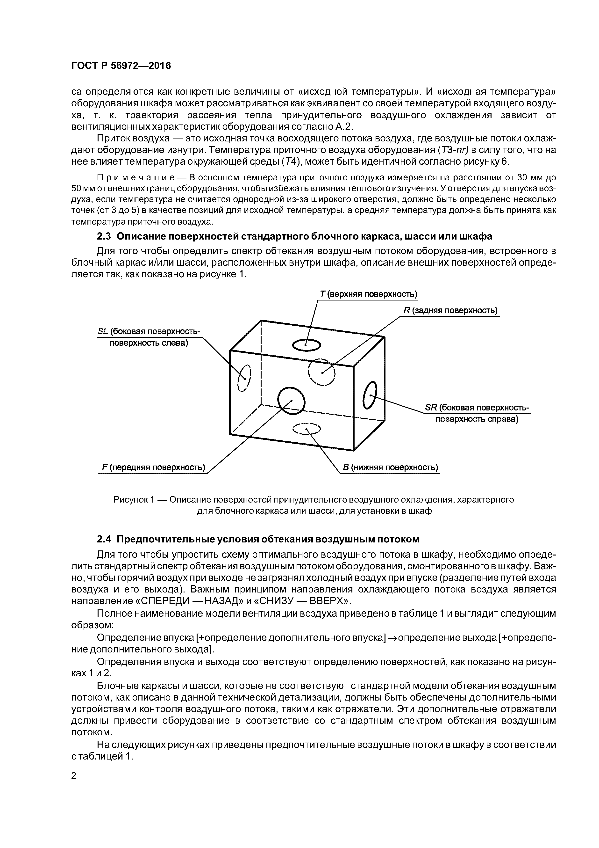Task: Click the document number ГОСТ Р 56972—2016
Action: tap(121, 66)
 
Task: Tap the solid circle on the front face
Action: tap(291, 400)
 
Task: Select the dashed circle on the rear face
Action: tap(321, 372)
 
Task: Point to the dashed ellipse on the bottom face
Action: tap(306, 429)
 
